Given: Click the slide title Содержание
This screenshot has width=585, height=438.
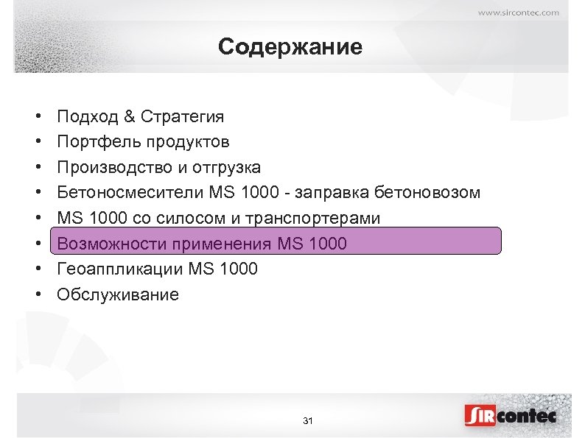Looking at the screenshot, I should [x=290, y=48].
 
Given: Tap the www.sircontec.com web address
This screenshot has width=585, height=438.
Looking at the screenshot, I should [x=519, y=12].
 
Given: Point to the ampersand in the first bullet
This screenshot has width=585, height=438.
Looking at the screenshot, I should [x=130, y=116].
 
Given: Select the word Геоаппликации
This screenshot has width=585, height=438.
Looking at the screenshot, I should [x=120, y=269].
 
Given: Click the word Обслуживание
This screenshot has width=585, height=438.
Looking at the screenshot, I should [x=118, y=294].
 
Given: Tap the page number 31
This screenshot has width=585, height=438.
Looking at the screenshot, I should [x=308, y=421].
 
